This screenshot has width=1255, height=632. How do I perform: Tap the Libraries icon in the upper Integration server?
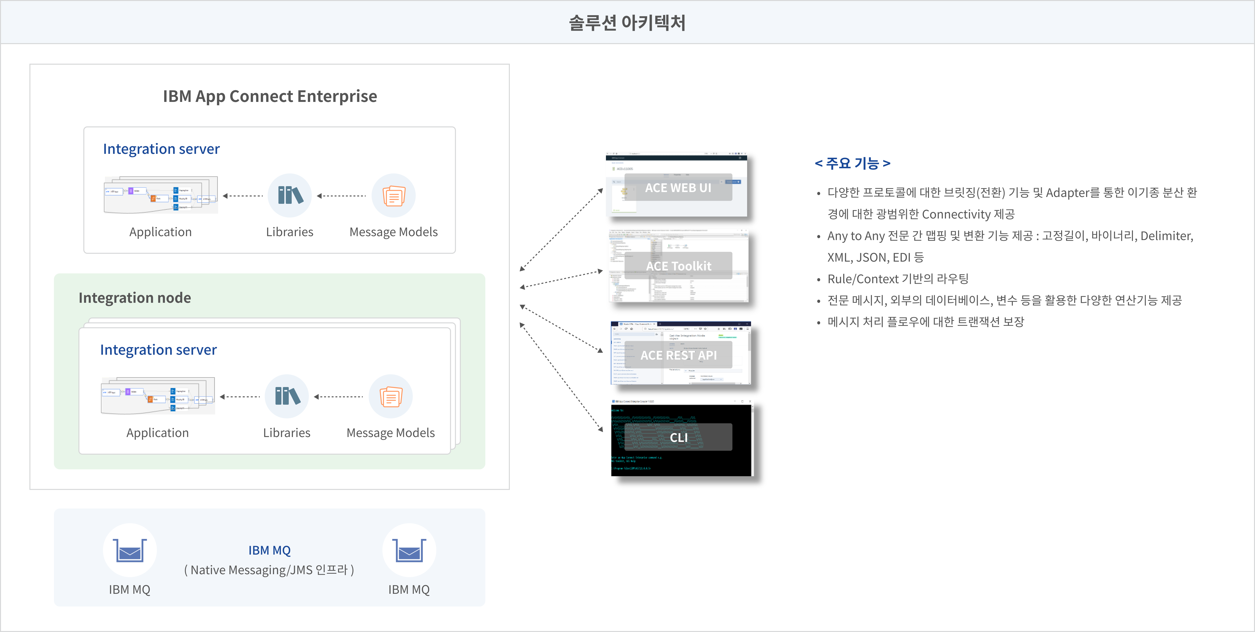tap(290, 195)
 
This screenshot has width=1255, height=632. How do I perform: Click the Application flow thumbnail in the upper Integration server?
tap(161, 195)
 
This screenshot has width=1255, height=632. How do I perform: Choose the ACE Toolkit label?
tap(678, 266)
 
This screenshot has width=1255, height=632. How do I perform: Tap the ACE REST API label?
tap(678, 355)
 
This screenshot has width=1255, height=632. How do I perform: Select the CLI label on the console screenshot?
tap(678, 437)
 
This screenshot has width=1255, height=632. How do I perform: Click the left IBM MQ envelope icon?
tap(130, 550)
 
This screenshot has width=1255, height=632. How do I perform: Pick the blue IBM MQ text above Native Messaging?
tap(269, 550)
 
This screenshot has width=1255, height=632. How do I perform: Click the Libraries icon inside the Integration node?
tap(287, 396)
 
